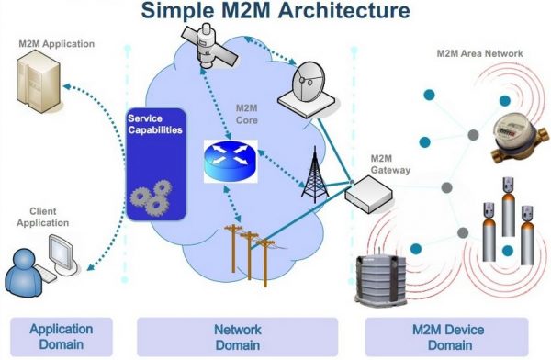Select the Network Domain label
click(238, 336)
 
